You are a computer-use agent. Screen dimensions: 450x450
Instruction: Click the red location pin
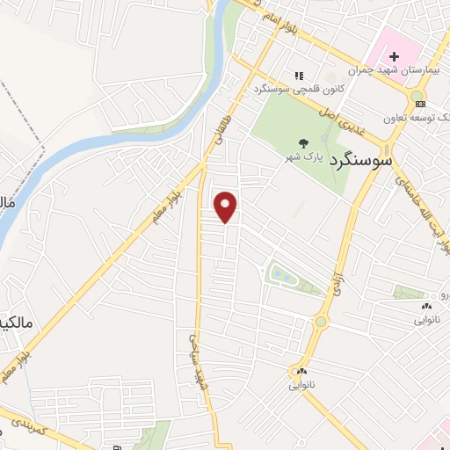pos(227,207)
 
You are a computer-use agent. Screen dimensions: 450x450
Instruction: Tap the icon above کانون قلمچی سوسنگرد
pos(299,76)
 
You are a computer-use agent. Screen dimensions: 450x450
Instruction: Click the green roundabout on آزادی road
pos(320,322)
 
